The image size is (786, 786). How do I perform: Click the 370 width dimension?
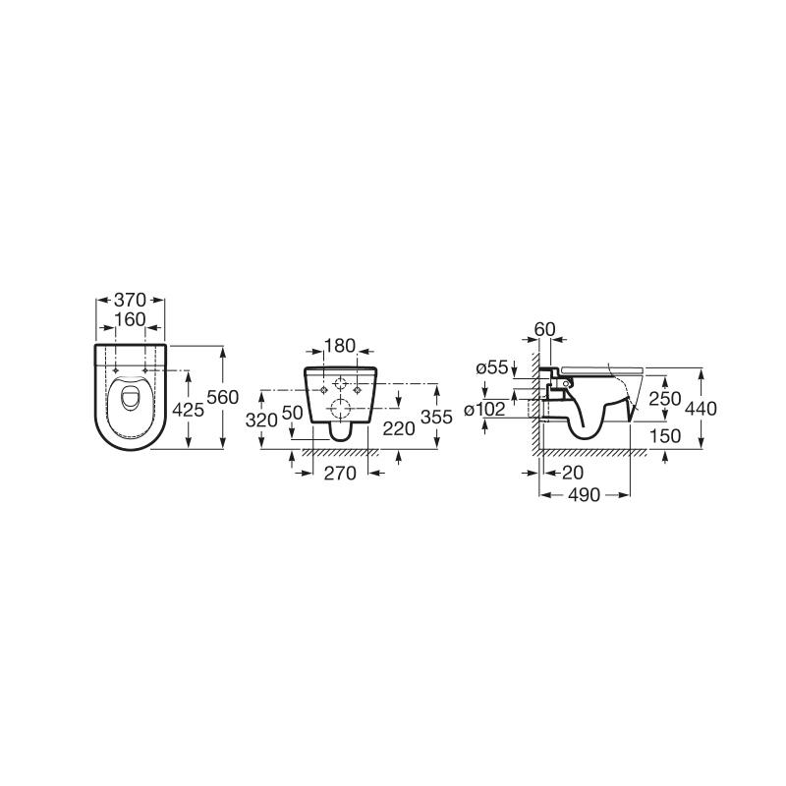tap(130, 301)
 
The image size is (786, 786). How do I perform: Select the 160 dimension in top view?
tap(130, 319)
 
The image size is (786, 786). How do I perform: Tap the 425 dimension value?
tap(188, 410)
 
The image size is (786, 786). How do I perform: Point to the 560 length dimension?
tap(223, 398)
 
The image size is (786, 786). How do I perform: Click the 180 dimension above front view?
tap(340, 346)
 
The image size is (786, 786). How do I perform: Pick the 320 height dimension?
tap(261, 421)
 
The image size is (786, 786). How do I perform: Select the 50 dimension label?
tap(292, 413)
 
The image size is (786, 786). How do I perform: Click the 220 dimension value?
tap(399, 428)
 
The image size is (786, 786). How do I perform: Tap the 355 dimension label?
tap(436, 417)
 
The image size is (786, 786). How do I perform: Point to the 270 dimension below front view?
tap(340, 474)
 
